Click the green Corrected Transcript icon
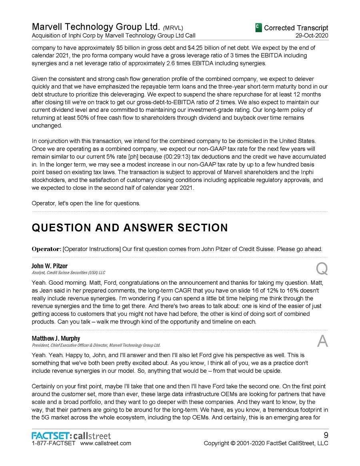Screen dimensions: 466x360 click(258, 28)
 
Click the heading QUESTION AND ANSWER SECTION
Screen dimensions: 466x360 click(130, 228)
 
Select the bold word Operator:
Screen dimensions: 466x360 click(46, 249)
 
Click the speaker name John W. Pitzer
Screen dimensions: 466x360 click(50, 266)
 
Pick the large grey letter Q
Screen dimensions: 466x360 click(322, 269)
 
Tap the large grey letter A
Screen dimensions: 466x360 click(322, 341)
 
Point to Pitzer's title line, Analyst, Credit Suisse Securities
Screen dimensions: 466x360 click(68, 273)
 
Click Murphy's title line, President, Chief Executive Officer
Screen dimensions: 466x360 click(96, 345)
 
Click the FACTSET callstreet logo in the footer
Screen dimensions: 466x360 click(71, 436)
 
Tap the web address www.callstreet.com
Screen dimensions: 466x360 click(106, 443)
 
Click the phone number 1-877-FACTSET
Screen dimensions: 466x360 click(54, 443)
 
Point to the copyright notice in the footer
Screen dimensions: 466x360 click(266, 443)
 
